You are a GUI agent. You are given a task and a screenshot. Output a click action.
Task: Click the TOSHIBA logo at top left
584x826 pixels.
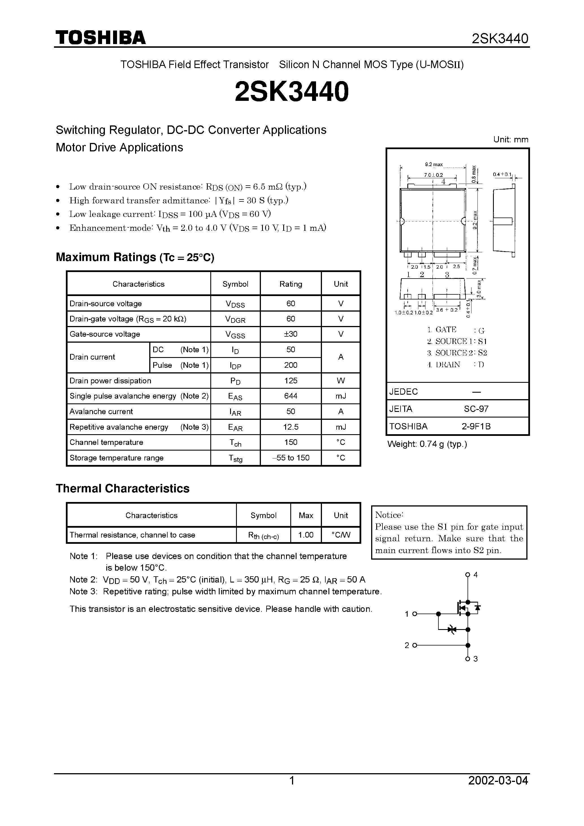pos(100,37)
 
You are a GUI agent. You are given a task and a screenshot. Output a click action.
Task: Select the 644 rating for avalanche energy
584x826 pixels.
pos(291,396)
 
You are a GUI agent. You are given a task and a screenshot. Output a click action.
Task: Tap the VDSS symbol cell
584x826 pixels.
pos(235,304)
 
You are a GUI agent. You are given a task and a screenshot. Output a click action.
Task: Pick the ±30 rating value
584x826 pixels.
pos(291,334)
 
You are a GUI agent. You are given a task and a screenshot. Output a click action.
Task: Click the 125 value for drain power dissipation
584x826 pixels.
pos(291,381)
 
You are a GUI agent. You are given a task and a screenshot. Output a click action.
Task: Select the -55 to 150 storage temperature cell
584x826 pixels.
pos(291,458)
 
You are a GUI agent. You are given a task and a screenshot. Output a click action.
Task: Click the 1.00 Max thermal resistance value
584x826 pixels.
pos(306,535)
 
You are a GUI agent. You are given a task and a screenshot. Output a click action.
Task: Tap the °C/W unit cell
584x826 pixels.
pos(341,535)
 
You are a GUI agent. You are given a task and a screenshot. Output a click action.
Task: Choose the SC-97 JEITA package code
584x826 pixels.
pos(476,409)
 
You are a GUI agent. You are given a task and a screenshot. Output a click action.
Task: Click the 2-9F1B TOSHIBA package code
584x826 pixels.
pos(476,426)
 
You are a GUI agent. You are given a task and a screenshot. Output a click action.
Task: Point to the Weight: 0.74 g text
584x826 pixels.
pos(427,444)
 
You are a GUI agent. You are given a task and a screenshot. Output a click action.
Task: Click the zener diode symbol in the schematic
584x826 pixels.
pos(452,629)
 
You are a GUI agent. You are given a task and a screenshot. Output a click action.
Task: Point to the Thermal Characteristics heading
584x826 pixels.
pos(122,488)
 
